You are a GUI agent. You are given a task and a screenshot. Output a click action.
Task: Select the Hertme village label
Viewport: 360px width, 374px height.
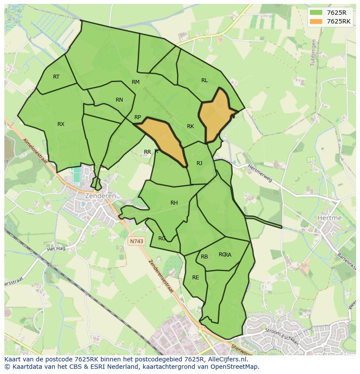point(330,218)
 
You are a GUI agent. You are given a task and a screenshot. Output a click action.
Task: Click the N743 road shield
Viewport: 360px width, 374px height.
point(136,240)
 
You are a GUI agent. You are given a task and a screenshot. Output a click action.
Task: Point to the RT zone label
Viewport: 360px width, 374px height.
point(56,77)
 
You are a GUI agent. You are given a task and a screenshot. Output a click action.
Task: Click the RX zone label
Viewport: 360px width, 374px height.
point(61,124)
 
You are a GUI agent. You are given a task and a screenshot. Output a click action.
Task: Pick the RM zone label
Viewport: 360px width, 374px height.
point(136,82)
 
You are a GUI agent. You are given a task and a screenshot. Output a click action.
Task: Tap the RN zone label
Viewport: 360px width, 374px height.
point(119,100)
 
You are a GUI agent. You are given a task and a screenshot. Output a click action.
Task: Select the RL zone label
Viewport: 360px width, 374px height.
point(204,80)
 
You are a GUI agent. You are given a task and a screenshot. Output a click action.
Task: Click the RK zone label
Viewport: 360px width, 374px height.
point(190,126)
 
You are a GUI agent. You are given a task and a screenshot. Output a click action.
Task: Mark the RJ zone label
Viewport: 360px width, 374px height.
point(199,163)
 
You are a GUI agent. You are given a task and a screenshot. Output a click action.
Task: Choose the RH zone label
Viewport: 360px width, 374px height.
point(174,203)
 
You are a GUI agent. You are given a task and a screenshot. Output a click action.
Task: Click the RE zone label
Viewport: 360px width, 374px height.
point(196,278)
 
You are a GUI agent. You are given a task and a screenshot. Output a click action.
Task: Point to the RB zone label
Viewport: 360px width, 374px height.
point(204,257)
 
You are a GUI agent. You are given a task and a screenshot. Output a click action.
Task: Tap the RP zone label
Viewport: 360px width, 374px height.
point(137,117)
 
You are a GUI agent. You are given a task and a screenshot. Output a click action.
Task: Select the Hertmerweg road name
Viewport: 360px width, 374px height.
point(260,173)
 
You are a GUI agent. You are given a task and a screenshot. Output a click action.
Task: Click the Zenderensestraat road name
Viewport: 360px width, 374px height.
point(161,277)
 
